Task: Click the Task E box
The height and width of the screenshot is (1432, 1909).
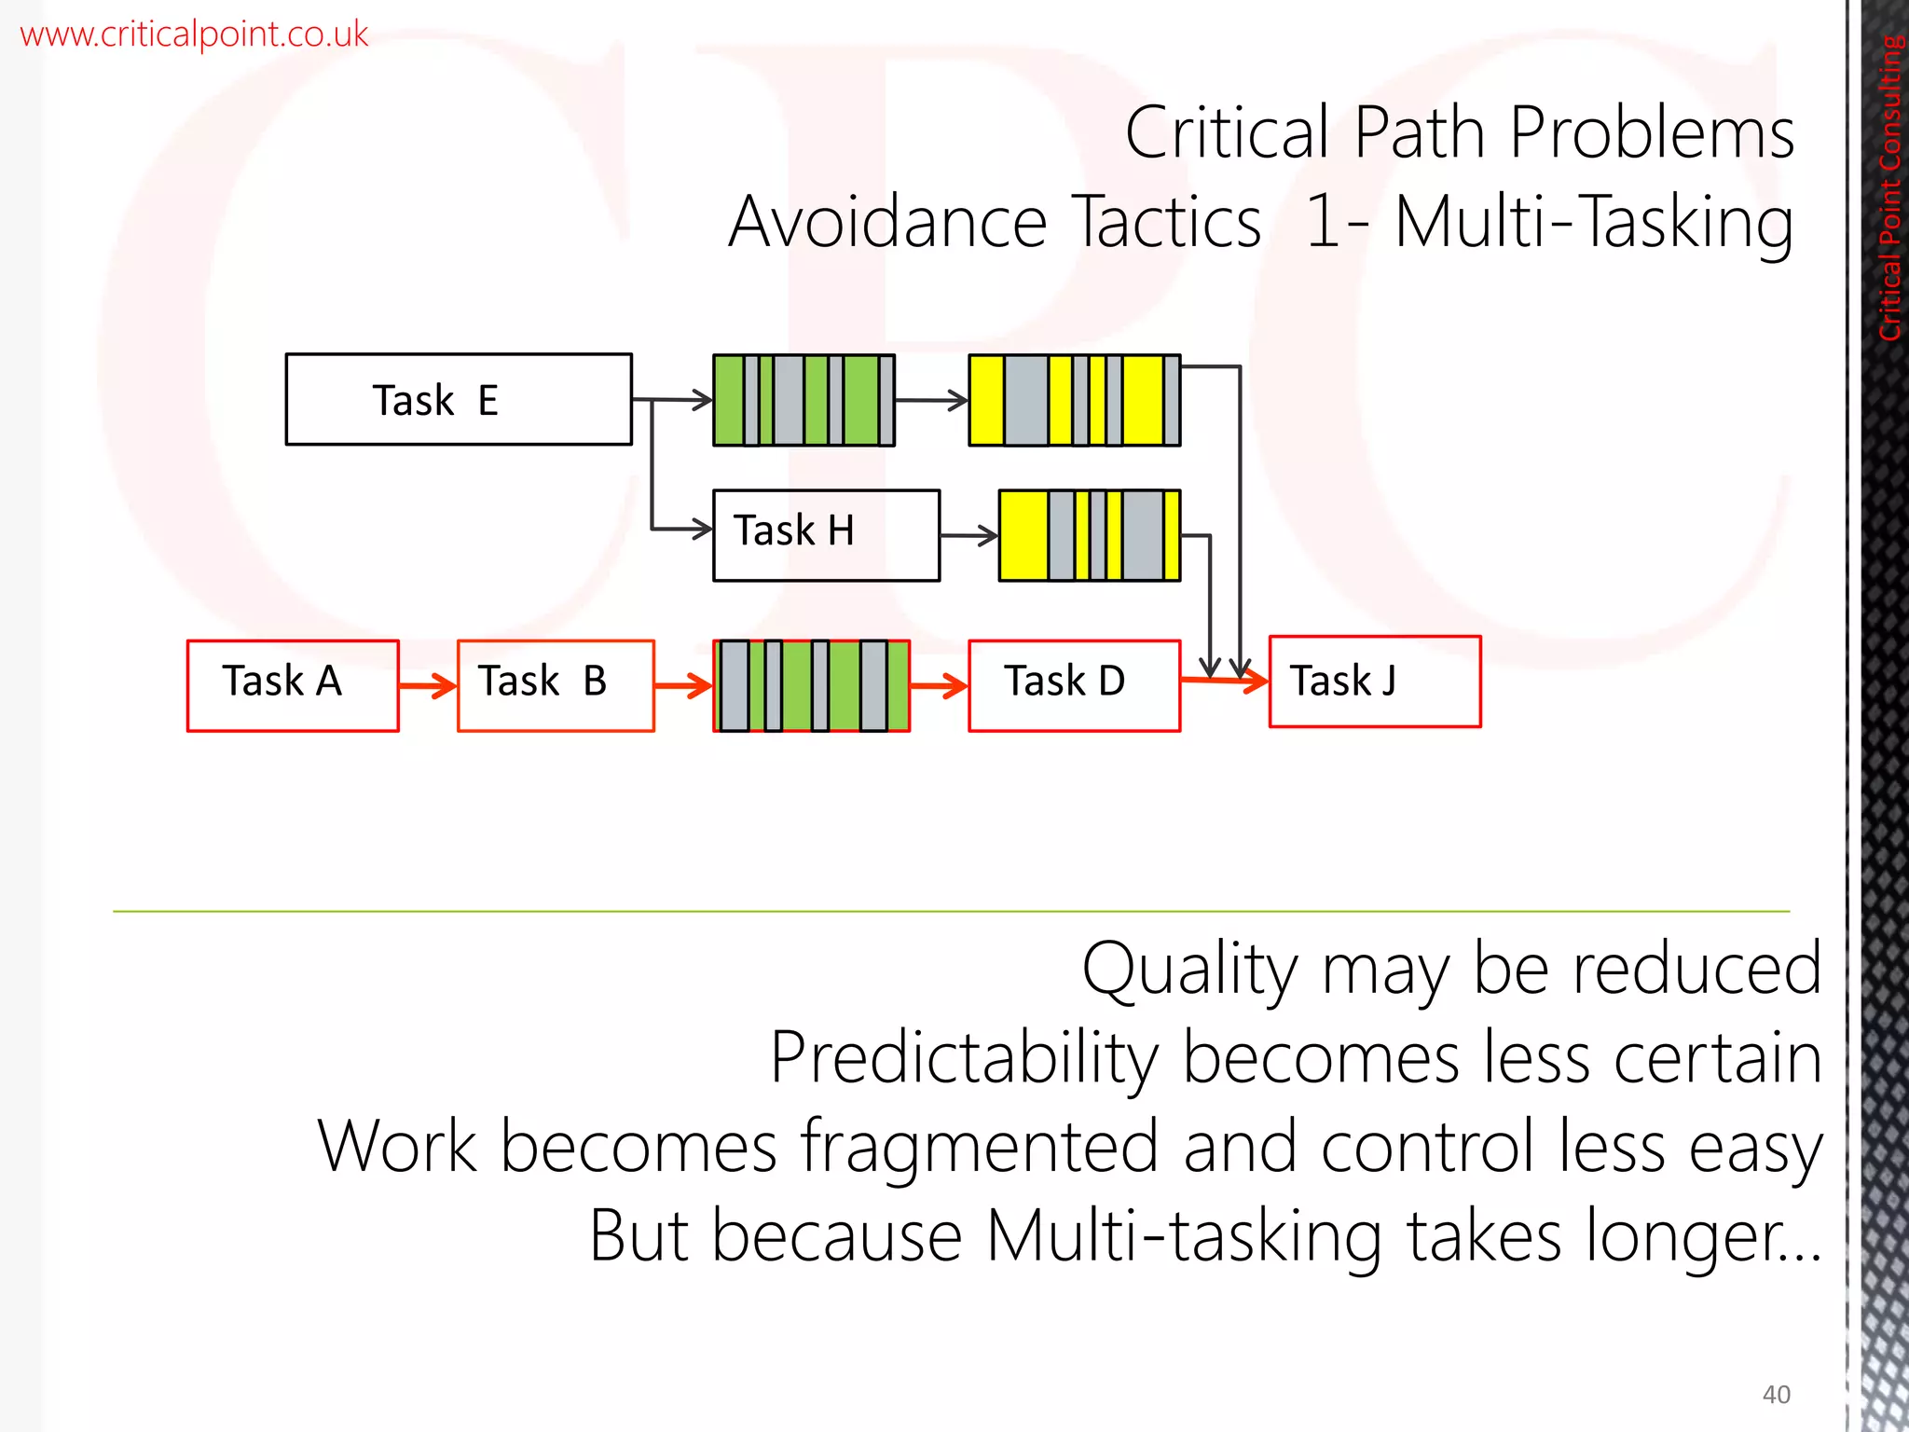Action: click(459, 399)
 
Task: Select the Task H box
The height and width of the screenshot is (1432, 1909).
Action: click(826, 535)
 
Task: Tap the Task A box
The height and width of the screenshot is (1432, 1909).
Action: click(293, 685)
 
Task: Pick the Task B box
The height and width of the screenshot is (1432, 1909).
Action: click(556, 685)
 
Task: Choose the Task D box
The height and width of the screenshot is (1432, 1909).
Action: click(1074, 685)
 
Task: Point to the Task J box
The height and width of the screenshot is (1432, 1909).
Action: click(1375, 682)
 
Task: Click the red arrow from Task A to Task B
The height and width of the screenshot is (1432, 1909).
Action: click(428, 687)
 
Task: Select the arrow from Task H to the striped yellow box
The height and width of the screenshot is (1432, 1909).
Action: click(968, 536)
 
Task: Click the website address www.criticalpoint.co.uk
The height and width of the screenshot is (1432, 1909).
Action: click(194, 34)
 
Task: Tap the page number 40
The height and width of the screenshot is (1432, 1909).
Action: click(1776, 1395)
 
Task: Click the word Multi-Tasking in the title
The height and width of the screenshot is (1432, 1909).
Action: click(1594, 224)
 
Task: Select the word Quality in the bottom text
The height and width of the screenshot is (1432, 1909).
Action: click(1189, 971)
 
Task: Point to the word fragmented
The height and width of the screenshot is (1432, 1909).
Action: click(980, 1147)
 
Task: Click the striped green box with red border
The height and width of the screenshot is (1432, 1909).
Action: click(811, 685)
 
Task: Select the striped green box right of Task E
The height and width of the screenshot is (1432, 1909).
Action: click(803, 400)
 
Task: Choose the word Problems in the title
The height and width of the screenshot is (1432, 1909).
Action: click(1652, 133)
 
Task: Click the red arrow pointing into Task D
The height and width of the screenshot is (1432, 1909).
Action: click(939, 687)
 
